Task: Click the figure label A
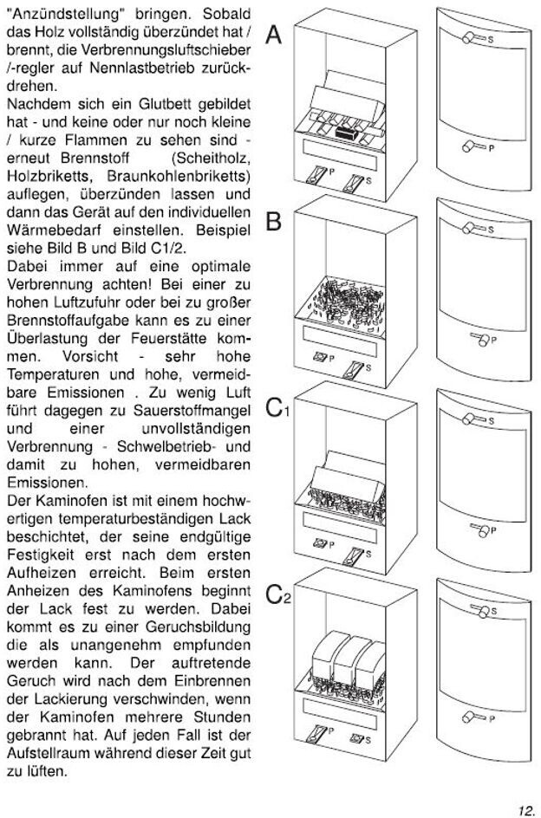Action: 273,36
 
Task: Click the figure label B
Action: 273,223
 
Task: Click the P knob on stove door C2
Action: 475,716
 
